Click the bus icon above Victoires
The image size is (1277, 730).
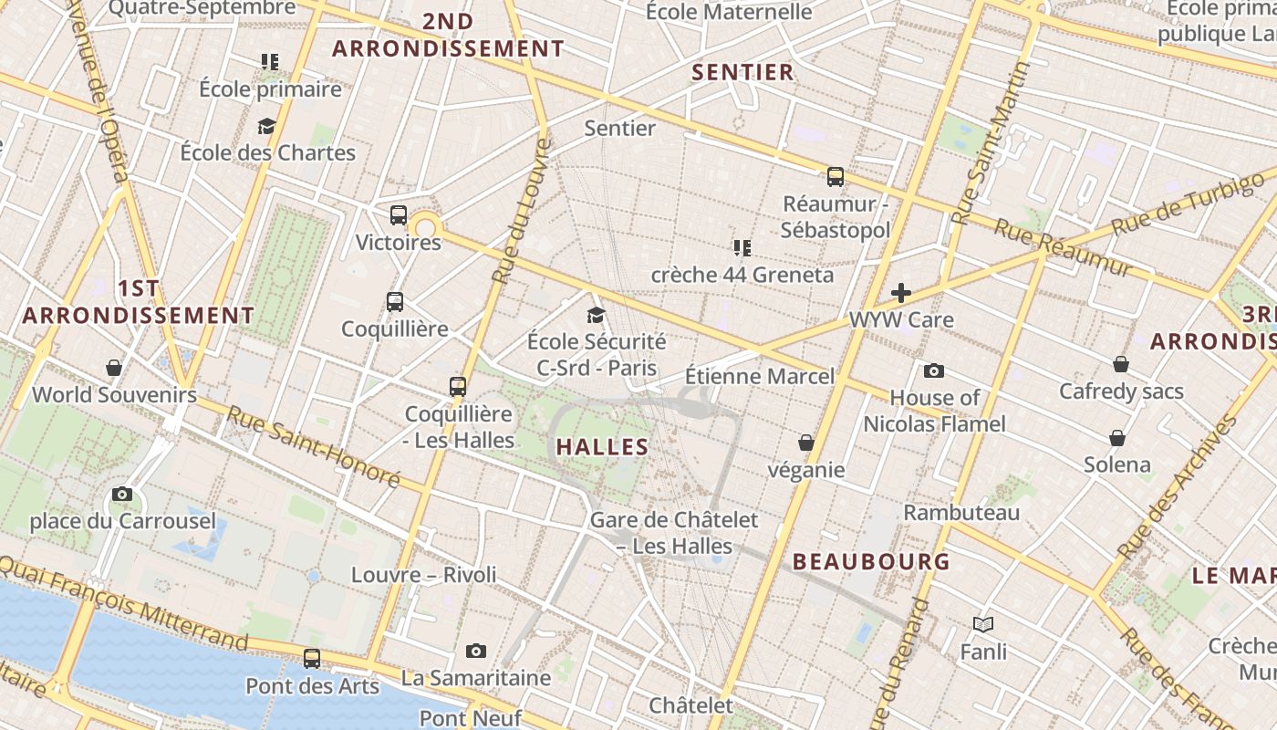[399, 215]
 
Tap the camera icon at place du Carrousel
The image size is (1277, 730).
[122, 495]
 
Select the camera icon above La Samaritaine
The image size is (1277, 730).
[475, 651]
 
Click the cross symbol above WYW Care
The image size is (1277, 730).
[901, 293]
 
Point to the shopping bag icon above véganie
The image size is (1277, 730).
[806, 443]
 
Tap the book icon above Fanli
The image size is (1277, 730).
[982, 624]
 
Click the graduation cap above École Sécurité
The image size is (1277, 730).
[597, 315]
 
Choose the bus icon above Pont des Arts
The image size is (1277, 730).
[312, 658]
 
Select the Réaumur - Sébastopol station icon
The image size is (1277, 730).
[836, 177]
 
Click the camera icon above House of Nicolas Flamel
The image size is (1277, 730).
[934, 370]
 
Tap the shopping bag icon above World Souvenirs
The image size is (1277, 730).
[114, 368]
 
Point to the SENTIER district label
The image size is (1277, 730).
[742, 72]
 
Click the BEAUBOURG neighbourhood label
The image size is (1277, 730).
[871, 561]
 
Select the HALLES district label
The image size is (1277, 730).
[602, 447]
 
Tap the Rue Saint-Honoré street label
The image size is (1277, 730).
[313, 446]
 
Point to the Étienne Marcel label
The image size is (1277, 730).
[759, 376]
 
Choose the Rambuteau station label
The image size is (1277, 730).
[961, 513]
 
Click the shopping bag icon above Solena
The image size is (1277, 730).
[1117, 438]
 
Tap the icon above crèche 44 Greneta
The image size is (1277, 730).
[742, 247]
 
